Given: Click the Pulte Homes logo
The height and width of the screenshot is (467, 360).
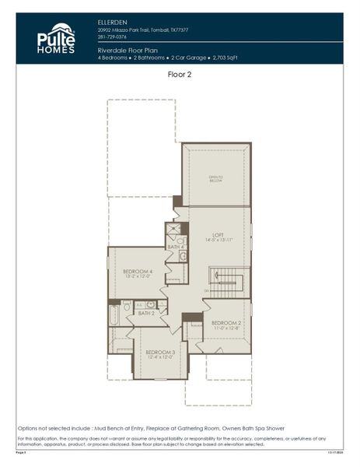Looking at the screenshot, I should (x=56, y=38).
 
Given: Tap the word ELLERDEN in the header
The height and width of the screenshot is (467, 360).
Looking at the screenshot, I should (x=114, y=22).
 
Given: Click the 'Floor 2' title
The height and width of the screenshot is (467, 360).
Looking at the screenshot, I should (x=180, y=75).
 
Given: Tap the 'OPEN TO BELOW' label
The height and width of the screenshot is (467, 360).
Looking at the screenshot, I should (x=215, y=178).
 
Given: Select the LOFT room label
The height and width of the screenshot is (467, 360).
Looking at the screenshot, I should (x=218, y=234).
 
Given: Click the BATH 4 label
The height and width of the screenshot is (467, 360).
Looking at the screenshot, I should (x=176, y=248).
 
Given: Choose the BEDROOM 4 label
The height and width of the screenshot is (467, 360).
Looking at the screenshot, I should (x=138, y=272).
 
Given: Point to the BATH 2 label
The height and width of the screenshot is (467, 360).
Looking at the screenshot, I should (x=146, y=313).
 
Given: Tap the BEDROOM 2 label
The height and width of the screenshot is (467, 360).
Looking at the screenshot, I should (x=227, y=322).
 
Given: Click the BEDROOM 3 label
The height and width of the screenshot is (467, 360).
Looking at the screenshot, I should (x=159, y=352).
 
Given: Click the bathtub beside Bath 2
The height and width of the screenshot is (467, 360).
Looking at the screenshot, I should (x=115, y=314).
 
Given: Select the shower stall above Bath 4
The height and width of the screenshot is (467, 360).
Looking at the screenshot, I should (x=174, y=230).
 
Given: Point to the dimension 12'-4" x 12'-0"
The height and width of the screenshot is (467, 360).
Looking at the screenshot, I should (x=159, y=358).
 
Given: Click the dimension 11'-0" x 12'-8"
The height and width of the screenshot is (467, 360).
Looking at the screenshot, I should (x=227, y=328).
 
